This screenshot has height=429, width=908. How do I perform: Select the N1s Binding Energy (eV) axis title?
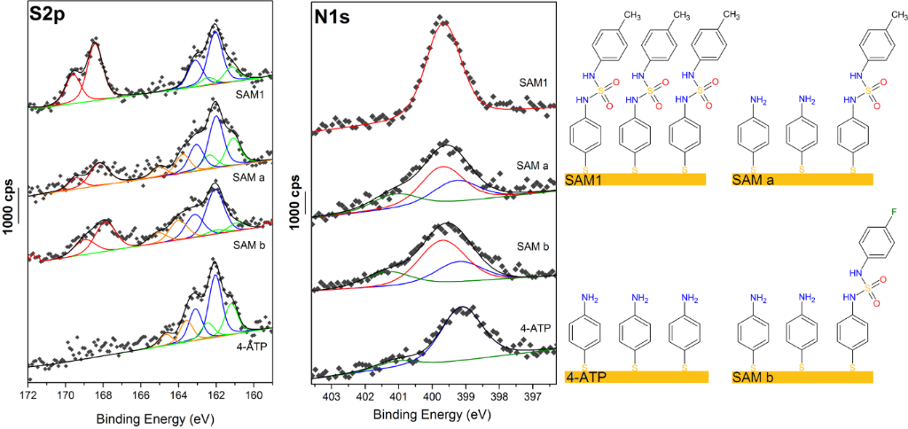pos(432,414)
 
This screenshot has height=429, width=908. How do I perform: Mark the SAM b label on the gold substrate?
pos(753,377)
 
